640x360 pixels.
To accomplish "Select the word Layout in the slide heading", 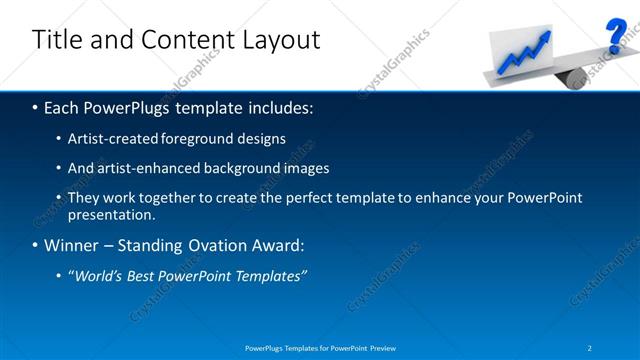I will tap(284, 40).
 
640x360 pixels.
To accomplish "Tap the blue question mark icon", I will tap(616, 37).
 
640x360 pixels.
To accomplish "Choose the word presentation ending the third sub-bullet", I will tap(109, 214).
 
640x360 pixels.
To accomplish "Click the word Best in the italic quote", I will tap(146, 276).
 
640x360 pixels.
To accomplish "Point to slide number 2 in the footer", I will tap(590, 347).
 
